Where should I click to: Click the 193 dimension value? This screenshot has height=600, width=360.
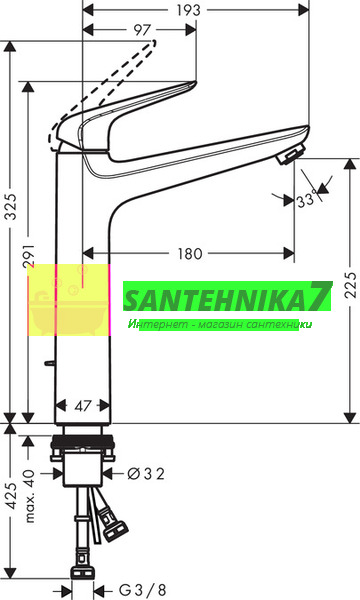(188, 10)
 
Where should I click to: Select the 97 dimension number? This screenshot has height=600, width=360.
(142, 30)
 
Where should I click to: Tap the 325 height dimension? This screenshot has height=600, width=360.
(12, 207)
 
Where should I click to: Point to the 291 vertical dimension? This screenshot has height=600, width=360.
(30, 256)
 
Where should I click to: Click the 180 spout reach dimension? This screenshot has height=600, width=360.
(190, 253)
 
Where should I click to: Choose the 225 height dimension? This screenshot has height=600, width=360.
(350, 285)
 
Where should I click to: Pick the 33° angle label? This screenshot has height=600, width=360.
(307, 199)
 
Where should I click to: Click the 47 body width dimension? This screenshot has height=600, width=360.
(83, 406)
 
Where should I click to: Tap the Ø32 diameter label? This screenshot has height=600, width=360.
(146, 474)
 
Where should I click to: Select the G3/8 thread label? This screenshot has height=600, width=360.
(143, 590)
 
